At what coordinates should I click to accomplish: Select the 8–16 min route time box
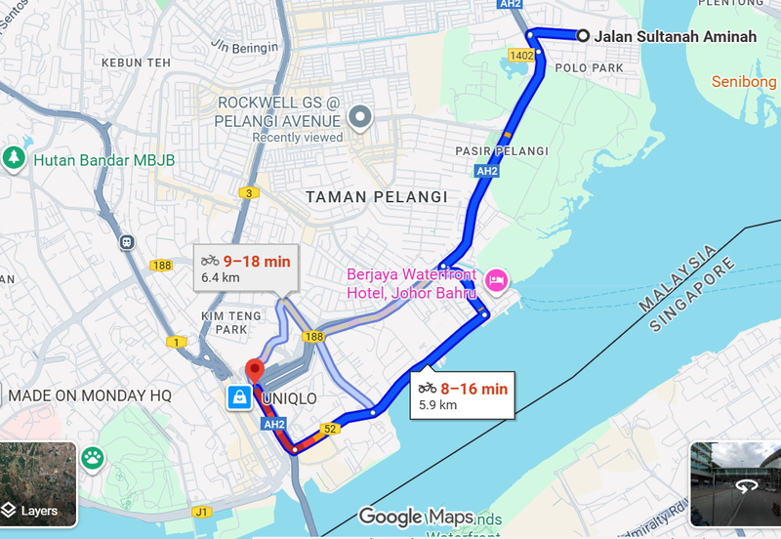click(x=463, y=394)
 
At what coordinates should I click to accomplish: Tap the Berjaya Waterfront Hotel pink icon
click(x=496, y=280)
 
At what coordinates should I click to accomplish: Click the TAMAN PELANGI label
click(x=362, y=196)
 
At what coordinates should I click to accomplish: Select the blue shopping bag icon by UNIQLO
click(x=238, y=397)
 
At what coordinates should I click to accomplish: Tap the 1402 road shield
click(x=521, y=56)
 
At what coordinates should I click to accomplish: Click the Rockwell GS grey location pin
click(x=361, y=118)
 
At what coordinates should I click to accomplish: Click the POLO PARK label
click(x=589, y=68)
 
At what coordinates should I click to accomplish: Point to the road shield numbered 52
click(x=331, y=429)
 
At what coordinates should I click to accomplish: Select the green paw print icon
click(x=93, y=456)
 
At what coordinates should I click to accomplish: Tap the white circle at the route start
click(x=583, y=36)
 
